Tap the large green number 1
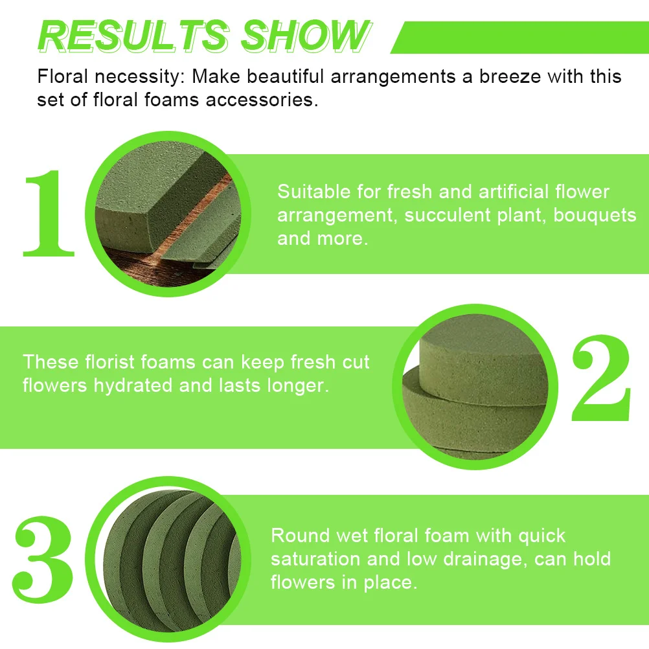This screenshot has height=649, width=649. click(x=49, y=214)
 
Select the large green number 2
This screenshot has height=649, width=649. click(x=600, y=380)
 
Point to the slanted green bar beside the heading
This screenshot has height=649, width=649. click(x=518, y=38)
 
